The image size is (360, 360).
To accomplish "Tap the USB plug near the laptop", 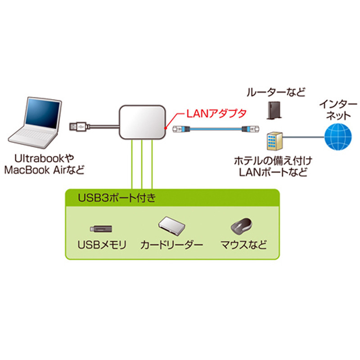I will tap(78, 127).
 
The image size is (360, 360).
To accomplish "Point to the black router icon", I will tap(273, 111).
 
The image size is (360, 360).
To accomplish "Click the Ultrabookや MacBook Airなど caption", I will tap(44, 164).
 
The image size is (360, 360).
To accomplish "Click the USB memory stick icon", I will tap(101, 229).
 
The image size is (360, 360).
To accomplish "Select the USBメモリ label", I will tap(102, 245).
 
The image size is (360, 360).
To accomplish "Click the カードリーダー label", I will tap(171, 245).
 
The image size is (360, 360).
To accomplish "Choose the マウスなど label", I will tap(243, 245).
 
